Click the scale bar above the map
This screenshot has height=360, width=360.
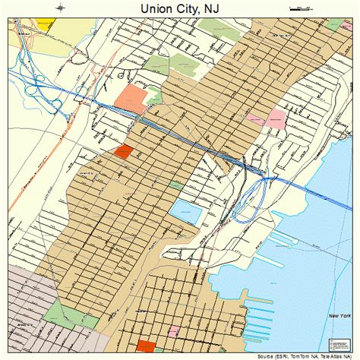(301, 8)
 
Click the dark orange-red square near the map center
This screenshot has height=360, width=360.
(122, 151)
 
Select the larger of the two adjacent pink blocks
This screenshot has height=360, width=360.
(276, 118)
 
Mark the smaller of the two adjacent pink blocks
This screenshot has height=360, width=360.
(255, 118)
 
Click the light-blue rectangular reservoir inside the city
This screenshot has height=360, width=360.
(185, 211)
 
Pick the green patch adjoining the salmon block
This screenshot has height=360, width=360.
(154, 96)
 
